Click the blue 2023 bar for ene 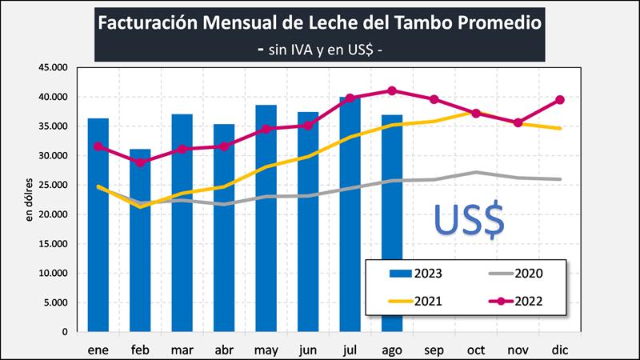coord(98,225)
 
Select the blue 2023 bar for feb coord(140,240)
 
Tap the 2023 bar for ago coord(392,223)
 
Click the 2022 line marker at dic coord(560,100)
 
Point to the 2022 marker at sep coord(434,99)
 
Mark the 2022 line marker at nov coord(518,122)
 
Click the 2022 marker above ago coord(392,90)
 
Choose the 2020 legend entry coord(516,274)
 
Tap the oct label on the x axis coord(476,349)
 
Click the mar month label coord(182,349)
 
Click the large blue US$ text coord(469,220)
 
